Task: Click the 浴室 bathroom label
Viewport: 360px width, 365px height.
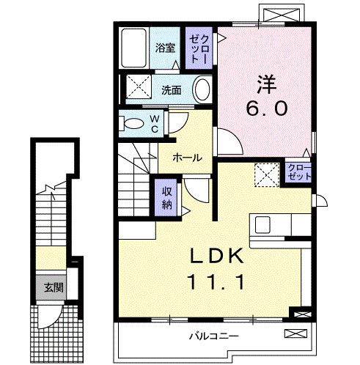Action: pyautogui.click(x=165, y=48)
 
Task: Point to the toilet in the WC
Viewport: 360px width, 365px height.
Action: pyautogui.click(x=133, y=122)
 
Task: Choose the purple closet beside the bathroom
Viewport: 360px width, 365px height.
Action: pyautogui.click(x=199, y=48)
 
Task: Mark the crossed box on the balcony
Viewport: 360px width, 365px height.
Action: pyautogui.click(x=295, y=334)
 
